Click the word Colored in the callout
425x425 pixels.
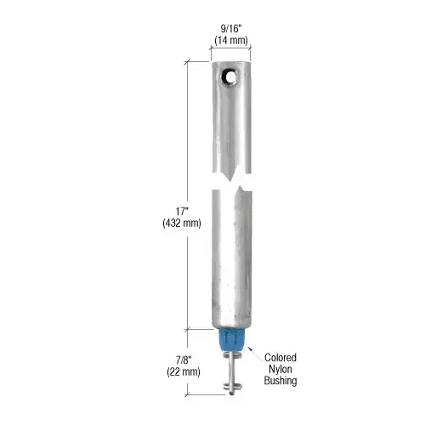(x=280, y=357)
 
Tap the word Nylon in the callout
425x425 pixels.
(x=280, y=369)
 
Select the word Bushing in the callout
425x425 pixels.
(x=280, y=381)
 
